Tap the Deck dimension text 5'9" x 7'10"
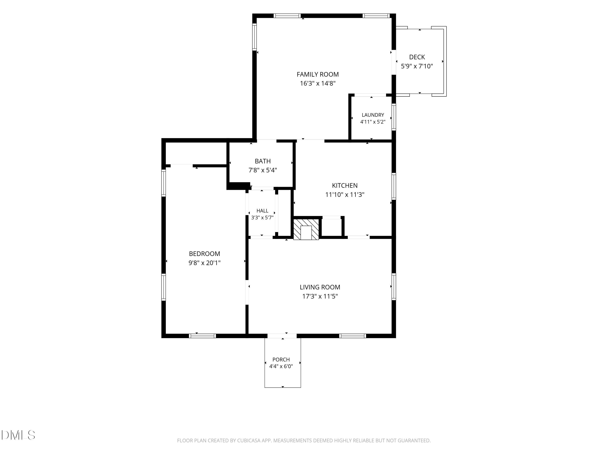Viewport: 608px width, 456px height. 417,66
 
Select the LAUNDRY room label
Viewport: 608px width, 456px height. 373,115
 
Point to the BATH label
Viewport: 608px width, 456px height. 263,161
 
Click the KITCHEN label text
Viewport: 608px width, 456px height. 345,185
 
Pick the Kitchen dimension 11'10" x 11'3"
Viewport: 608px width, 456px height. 345,195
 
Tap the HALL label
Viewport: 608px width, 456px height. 262,211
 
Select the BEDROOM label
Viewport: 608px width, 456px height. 204,254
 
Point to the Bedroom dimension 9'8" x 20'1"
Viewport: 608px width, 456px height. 204,263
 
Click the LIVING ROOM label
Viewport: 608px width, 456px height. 320,287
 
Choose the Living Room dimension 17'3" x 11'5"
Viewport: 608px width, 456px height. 320,296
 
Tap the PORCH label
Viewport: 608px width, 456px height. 281,360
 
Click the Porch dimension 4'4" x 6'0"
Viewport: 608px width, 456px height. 281,366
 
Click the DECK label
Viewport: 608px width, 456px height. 417,57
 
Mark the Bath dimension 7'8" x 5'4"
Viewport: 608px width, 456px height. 263,170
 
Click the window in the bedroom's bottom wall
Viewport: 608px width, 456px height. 202,336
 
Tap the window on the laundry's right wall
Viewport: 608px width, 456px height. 394,117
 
